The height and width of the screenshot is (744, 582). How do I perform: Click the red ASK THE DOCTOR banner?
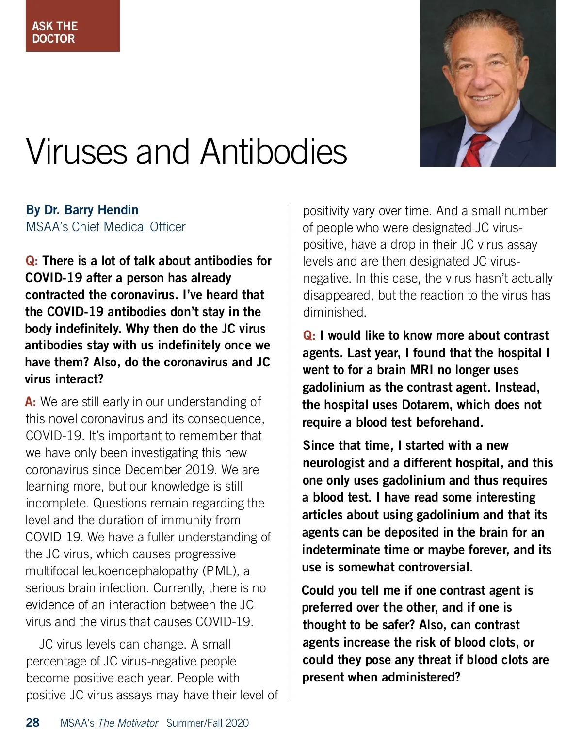72,27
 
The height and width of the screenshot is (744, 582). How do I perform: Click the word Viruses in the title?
77,152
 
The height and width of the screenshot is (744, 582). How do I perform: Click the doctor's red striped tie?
478,151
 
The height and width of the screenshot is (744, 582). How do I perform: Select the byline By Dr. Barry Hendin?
82,210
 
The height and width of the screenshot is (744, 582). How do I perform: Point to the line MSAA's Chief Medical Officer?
105,227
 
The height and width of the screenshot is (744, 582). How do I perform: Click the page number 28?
32,723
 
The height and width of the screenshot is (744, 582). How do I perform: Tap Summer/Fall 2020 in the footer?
207,723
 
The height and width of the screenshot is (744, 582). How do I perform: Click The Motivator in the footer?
128,723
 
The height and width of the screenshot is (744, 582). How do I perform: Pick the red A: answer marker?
31,402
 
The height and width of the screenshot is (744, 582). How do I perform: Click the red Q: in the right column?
309,335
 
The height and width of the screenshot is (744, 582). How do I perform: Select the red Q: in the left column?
32,261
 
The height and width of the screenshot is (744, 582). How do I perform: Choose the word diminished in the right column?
335,312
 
